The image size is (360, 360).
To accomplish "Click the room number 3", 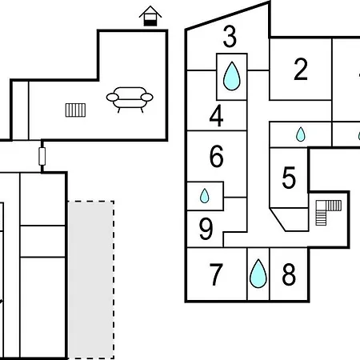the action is [230, 36].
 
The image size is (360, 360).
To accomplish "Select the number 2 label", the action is [301, 70].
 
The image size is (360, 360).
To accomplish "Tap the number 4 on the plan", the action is [216, 115].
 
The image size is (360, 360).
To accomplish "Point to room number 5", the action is [289, 178].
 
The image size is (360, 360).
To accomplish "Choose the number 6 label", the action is [217, 156].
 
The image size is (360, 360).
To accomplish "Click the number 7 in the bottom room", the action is [216, 274].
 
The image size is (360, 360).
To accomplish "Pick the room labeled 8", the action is [289, 274].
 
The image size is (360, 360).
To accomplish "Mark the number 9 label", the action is [206, 229].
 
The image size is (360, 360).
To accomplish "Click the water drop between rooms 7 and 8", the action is [258, 274].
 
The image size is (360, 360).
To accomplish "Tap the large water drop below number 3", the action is [231, 76].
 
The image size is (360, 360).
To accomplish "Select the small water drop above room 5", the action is [301, 134].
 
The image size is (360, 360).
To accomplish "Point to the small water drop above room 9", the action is [205, 196].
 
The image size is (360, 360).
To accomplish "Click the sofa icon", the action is [130, 99].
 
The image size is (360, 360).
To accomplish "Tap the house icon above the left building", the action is [150, 16].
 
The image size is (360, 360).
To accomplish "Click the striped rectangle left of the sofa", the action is [75, 110].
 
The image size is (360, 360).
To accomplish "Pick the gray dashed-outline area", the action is [91, 280].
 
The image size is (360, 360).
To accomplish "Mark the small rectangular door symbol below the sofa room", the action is [42, 157].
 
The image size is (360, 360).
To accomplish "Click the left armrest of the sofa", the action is [112, 98].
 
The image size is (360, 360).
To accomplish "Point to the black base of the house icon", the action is [150, 23].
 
